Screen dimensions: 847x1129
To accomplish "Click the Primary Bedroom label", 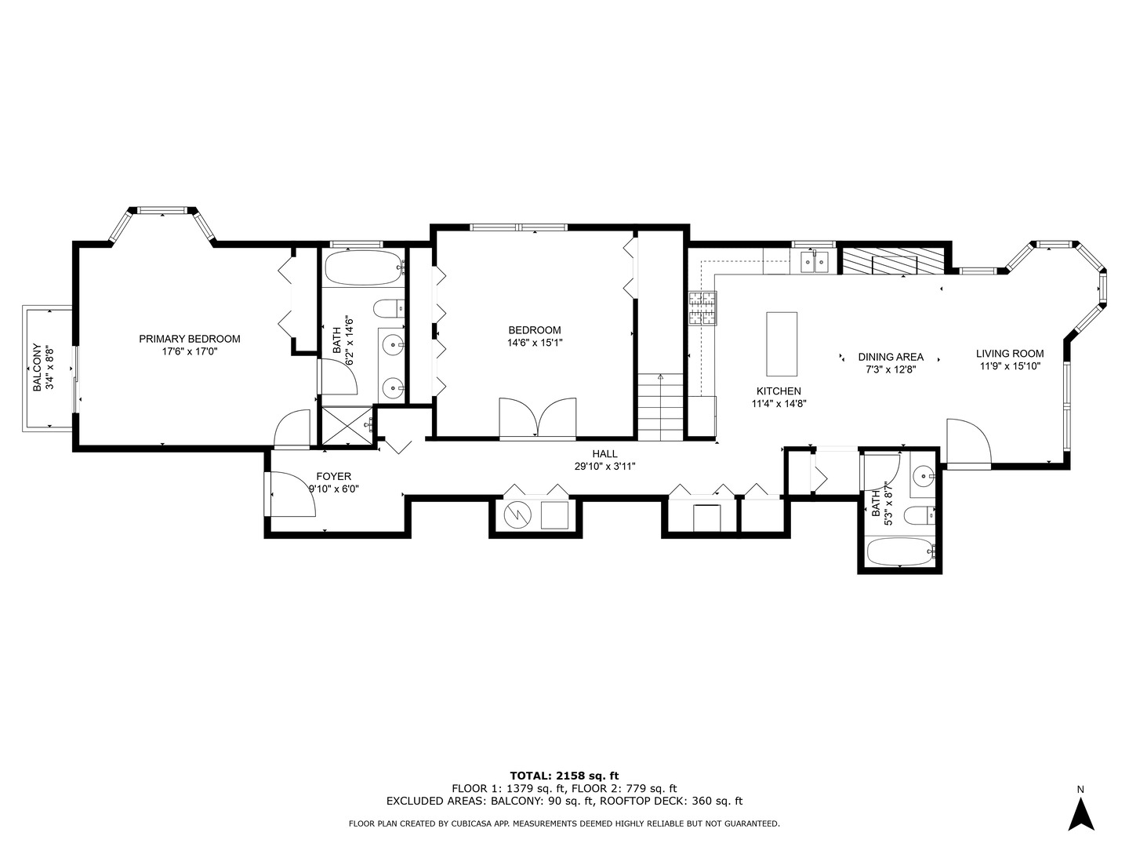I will pyautogui.click(x=189, y=339).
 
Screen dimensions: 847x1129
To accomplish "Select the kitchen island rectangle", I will pyautogui.click(x=781, y=344).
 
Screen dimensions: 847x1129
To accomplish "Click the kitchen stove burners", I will pyautogui.click(x=702, y=307).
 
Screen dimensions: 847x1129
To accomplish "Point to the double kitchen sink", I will pyautogui.click(x=815, y=261).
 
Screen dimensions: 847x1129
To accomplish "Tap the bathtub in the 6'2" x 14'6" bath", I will pyautogui.click(x=363, y=268).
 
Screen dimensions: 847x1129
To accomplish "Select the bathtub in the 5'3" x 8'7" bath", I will pyautogui.click(x=901, y=552).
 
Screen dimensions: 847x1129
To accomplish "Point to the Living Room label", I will pyautogui.click(x=1009, y=354).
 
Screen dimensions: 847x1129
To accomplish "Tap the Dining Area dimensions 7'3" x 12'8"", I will pyautogui.click(x=890, y=368).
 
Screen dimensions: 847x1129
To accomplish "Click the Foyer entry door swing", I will pyautogui.click(x=292, y=494).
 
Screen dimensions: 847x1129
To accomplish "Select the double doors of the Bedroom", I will pyautogui.click(x=538, y=417).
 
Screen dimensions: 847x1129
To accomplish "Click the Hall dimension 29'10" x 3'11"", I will pyautogui.click(x=604, y=466).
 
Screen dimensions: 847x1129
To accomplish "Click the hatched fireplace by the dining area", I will pyautogui.click(x=890, y=261).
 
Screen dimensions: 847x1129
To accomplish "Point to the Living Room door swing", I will pyautogui.click(x=969, y=442).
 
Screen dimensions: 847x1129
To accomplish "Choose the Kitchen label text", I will pyautogui.click(x=778, y=391).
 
